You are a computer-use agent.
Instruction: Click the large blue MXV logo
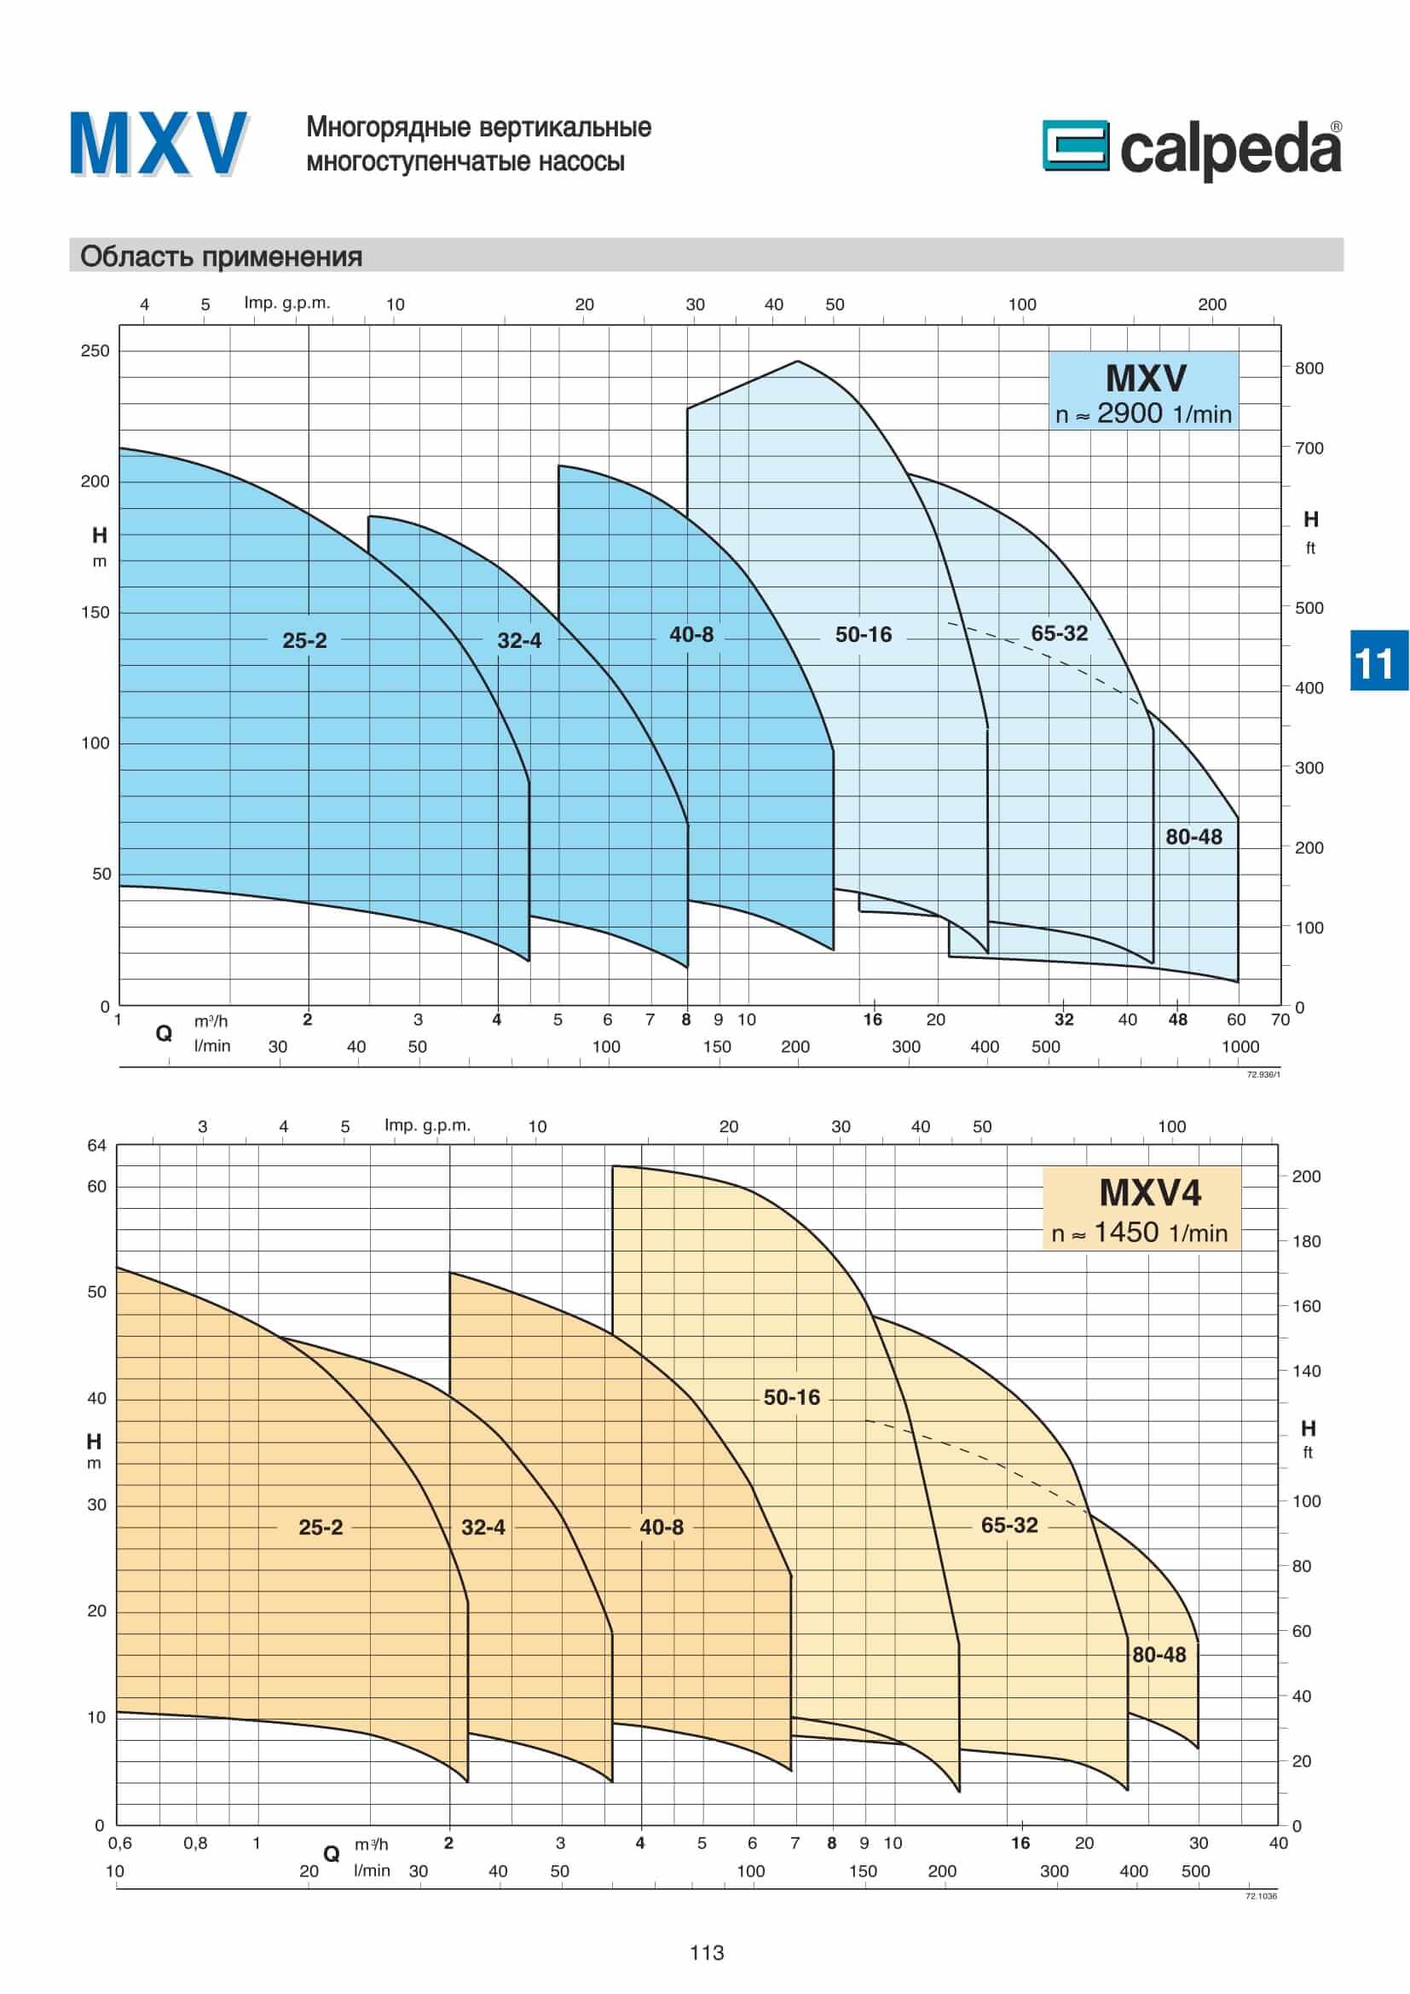(159, 145)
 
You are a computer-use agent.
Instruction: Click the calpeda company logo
(1191, 149)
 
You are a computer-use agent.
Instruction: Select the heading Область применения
(222, 257)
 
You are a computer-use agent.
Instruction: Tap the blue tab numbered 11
(1378, 662)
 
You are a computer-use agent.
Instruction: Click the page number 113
(706, 1952)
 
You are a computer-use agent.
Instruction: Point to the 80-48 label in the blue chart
(1193, 836)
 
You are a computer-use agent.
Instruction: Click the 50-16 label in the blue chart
(863, 635)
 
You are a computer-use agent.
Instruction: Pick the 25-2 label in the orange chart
(321, 1527)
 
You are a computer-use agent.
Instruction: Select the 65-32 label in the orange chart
(1008, 1525)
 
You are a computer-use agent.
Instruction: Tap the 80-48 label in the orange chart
(1159, 1655)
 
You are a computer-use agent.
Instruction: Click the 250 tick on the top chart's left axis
(95, 351)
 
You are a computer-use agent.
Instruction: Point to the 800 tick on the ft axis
(1309, 368)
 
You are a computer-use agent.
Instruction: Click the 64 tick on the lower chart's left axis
(96, 1146)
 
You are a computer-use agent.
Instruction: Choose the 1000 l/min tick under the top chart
(1240, 1047)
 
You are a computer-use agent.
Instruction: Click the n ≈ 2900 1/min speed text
(1143, 414)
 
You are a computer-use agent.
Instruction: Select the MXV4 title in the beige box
(1149, 1193)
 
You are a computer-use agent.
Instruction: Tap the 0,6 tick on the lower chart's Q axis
(120, 1843)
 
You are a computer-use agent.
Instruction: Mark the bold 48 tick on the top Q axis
(1177, 1020)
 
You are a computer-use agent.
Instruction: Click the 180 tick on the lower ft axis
(1306, 1241)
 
